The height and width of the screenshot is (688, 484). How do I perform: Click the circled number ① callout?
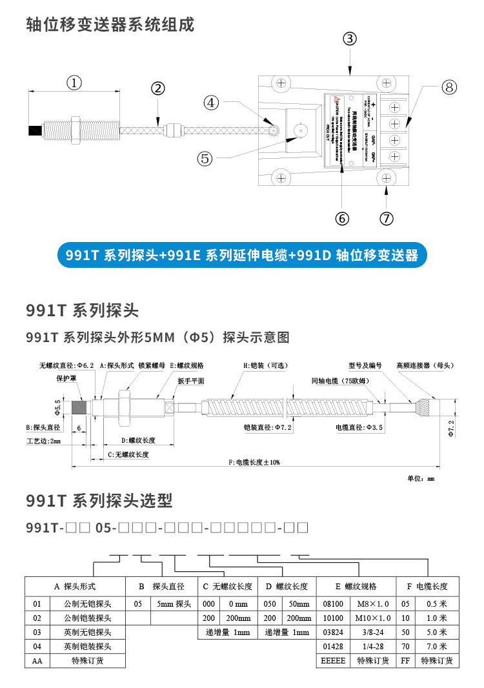click(74, 83)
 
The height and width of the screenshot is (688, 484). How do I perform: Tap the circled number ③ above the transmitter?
click(349, 38)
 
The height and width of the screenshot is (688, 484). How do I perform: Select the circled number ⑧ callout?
click(449, 88)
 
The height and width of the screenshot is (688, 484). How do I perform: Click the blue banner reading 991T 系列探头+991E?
click(242, 256)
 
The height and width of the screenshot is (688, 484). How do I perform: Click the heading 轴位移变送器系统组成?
click(110, 25)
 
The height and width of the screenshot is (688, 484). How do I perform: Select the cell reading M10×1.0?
click(374, 618)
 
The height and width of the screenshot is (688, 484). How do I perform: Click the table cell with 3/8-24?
click(374, 632)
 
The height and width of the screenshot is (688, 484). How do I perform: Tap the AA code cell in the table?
click(37, 661)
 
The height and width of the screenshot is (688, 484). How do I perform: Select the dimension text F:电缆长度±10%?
click(255, 463)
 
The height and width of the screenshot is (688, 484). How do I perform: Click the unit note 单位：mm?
click(421, 478)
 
